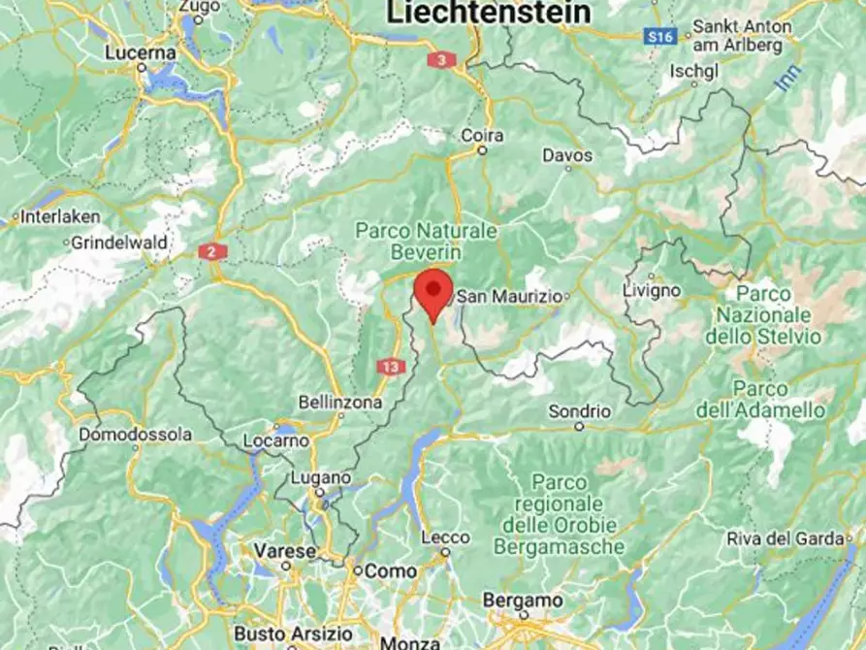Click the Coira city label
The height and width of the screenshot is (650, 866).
point(482,136)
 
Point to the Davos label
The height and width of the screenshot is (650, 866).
point(567,154)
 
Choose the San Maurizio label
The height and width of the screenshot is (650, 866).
point(508,296)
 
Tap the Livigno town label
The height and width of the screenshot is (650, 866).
point(652,290)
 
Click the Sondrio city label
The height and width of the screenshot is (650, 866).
point(580,411)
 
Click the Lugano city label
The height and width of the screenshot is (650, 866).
point(321,478)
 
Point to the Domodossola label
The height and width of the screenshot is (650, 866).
point(136,434)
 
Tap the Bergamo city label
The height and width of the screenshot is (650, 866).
point(523,601)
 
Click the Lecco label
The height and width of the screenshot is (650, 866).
point(446,538)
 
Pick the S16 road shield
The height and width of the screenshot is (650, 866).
point(660,36)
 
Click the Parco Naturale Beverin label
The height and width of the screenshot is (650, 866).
point(426,242)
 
